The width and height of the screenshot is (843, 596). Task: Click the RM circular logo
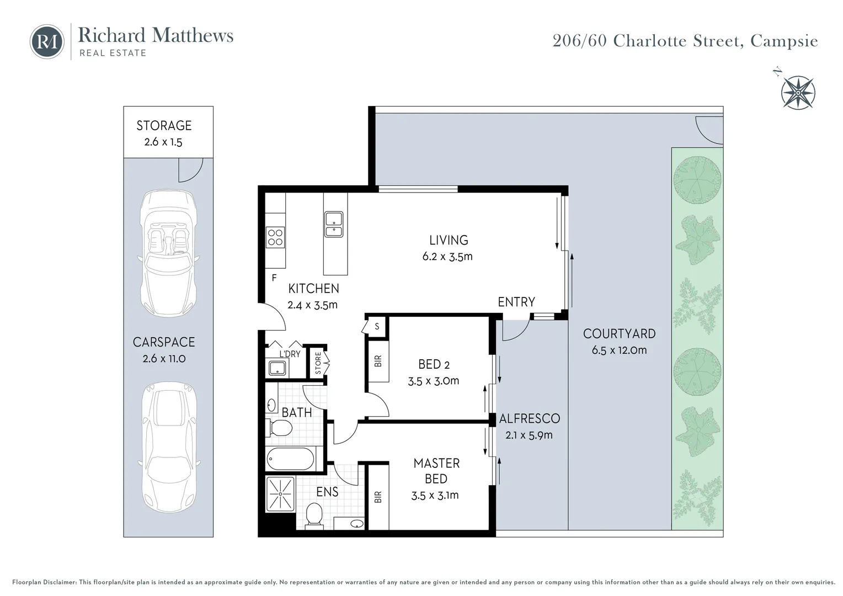point(47,41)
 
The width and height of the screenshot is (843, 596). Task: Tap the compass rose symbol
point(798,92)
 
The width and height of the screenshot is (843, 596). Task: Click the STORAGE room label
point(164,126)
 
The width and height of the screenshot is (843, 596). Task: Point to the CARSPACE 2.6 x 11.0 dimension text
point(164,359)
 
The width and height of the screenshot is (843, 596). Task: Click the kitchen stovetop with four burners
point(275,237)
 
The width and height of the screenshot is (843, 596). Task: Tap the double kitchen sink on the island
point(334,225)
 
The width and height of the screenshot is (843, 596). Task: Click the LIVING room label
point(449,240)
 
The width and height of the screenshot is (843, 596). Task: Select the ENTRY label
point(516,302)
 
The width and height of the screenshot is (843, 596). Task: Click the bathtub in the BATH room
point(290,459)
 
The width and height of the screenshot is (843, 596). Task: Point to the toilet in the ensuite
point(314,514)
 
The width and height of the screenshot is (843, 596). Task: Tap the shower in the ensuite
point(281,493)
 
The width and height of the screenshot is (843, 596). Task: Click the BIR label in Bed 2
point(378,361)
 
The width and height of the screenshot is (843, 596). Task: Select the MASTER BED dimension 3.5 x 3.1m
point(435,496)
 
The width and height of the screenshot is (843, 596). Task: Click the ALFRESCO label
point(529,419)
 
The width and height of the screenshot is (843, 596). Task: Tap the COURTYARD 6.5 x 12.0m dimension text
point(619,350)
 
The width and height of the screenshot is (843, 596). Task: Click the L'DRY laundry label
point(289,354)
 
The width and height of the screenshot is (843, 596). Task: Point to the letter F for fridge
point(274,278)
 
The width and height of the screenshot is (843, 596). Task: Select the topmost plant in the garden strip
point(697,180)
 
